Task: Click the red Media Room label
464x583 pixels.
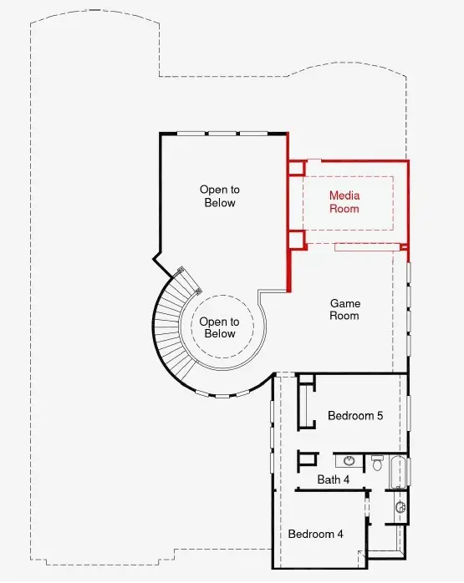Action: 344,202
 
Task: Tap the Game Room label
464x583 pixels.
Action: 345,309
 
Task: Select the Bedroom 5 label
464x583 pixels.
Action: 355,415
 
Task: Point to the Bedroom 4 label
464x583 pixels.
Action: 315,534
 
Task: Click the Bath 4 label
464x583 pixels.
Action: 334,479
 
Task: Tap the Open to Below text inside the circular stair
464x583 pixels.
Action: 219,327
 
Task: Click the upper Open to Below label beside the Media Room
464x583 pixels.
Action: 220,196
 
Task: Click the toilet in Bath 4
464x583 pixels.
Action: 377,462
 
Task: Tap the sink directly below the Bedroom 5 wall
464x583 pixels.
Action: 349,461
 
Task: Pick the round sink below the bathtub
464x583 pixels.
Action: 400,507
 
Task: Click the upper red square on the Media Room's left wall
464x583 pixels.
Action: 297,168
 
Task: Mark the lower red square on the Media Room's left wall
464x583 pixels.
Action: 297,239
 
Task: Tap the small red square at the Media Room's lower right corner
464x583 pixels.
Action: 404,247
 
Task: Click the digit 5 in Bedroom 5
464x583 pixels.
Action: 380,416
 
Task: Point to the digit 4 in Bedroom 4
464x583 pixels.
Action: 339,534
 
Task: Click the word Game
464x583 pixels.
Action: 345,303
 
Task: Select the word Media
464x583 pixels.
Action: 344,195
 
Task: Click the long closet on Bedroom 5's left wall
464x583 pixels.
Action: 306,405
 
